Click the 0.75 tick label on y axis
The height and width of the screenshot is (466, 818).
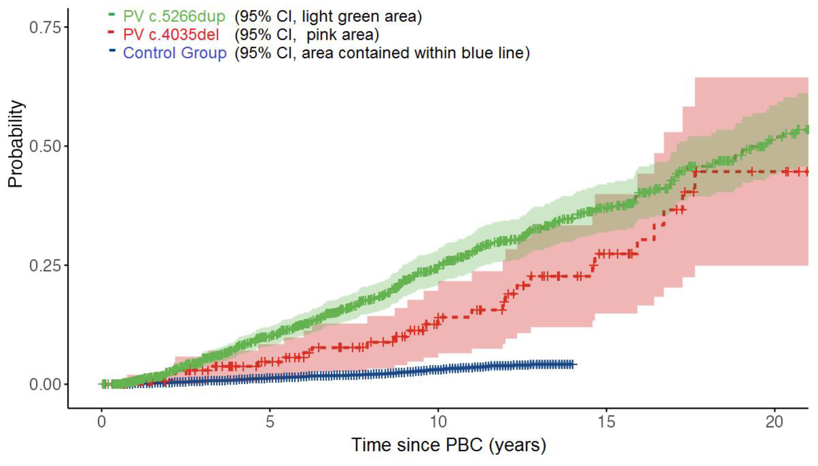pos(45,27)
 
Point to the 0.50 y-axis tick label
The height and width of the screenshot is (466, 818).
pos(45,146)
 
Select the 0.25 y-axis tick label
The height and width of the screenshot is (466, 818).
pos(45,265)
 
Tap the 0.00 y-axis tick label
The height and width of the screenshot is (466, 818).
pos(45,384)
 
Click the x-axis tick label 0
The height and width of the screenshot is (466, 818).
pos(101,422)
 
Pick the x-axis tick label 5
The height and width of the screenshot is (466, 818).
pos(270,422)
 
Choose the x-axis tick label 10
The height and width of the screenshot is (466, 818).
pos(438,422)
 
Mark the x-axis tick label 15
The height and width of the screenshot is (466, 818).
pos(606,422)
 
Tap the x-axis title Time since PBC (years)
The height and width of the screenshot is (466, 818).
pos(448,445)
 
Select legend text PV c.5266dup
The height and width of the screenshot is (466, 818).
pos(174,16)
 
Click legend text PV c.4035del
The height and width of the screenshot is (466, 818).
pos(171,35)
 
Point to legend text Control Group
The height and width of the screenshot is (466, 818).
pos(175,53)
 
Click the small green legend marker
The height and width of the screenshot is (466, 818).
pos(112,14)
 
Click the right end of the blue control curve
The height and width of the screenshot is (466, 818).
pos(575,364)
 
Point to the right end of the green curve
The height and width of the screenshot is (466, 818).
pos(807,130)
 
